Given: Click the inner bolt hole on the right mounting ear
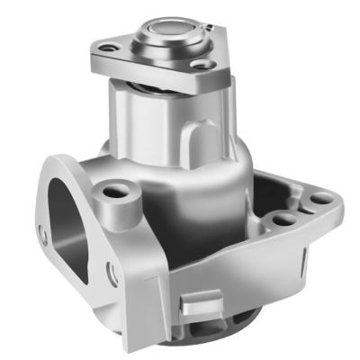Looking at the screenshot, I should [283, 219].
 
